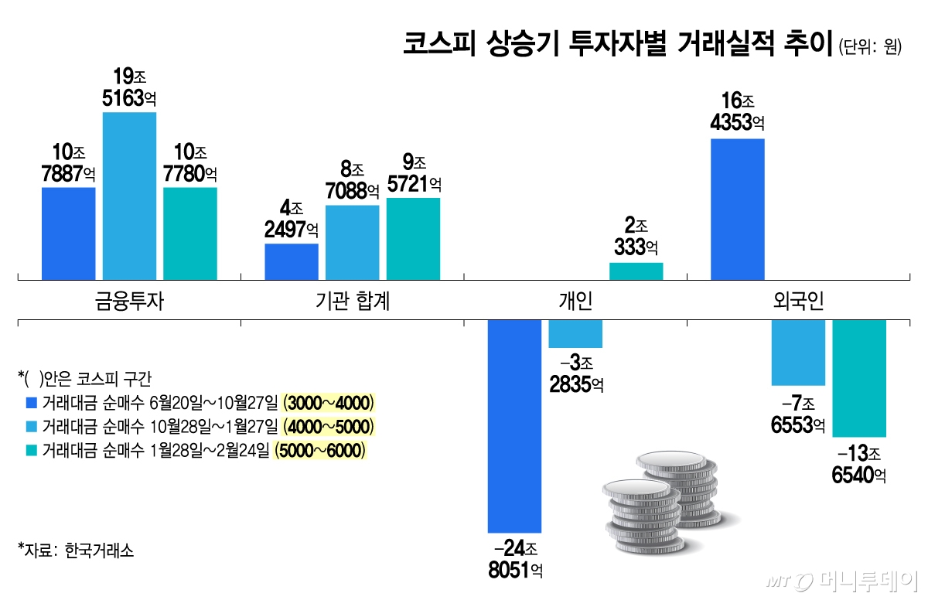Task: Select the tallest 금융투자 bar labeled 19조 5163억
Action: pyautogui.click(x=129, y=196)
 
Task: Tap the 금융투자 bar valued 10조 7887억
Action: pyautogui.click(x=68, y=233)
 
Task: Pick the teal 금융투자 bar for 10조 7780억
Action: pyautogui.click(x=190, y=233)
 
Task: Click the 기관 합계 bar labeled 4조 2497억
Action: pyautogui.click(x=292, y=261)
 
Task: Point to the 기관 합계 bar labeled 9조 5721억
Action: pyautogui.click(x=413, y=238)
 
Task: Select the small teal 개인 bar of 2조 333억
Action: pyautogui.click(x=636, y=271)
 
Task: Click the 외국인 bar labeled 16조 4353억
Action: pyautogui.click(x=737, y=209)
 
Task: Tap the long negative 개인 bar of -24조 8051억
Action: pyautogui.click(x=514, y=426)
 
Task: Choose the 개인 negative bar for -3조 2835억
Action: pyautogui.click(x=575, y=334)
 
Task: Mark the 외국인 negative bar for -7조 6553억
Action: pyautogui.click(x=798, y=353)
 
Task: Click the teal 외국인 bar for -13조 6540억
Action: pyautogui.click(x=859, y=378)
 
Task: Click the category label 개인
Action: pyautogui.click(x=575, y=301)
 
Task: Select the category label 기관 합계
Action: pyautogui.click(x=352, y=301)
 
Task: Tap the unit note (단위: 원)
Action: pyautogui.click(x=870, y=46)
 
